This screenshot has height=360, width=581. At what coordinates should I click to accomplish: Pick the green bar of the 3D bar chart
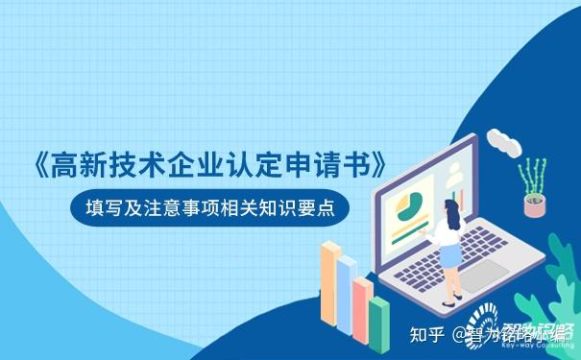tap(379, 321)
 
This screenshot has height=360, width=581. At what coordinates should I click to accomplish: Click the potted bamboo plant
tap(532, 186)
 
